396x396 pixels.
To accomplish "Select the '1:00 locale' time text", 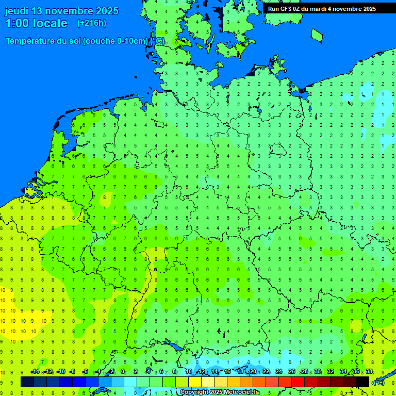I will coord(36,23).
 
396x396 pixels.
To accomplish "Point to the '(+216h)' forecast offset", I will coord(91,23).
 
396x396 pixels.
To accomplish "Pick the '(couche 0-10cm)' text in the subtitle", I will coord(116,41).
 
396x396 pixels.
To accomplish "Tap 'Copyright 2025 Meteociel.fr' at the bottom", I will coord(219,392).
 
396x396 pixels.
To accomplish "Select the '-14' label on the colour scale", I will coord(35,372).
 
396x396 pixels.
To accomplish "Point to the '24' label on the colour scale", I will coord(279,372).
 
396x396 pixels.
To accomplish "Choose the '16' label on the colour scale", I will coord(228,372).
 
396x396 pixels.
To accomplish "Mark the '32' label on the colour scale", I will coord(330,372).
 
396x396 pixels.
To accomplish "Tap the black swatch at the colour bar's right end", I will coord(362,382).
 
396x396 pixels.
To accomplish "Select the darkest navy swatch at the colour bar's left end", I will coord(27,382).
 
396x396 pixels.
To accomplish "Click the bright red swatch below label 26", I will coord(298,382).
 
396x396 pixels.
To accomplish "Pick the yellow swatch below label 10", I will coord(195,382).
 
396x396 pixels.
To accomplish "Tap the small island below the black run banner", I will coord(317,35).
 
